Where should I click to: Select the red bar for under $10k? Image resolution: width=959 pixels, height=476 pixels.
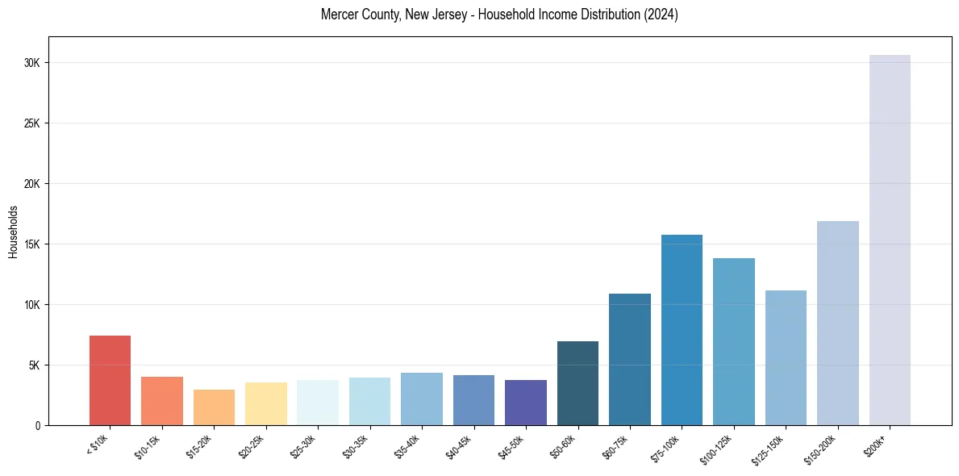click(x=110, y=380)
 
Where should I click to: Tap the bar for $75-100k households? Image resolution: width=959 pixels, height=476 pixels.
click(x=682, y=330)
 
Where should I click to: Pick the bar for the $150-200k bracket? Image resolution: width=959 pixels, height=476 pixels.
click(x=838, y=323)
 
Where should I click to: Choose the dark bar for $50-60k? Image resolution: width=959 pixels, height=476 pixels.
click(x=577, y=383)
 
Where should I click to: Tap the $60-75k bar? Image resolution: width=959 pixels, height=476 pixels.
click(x=630, y=359)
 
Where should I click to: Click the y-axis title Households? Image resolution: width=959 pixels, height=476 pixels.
click(x=13, y=232)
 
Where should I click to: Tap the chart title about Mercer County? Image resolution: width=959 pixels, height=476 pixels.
click(x=499, y=15)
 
